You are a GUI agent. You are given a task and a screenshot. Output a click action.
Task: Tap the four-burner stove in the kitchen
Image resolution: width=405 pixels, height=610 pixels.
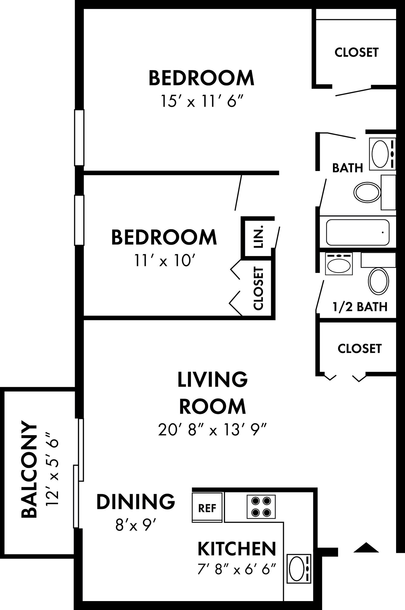coord(261,507)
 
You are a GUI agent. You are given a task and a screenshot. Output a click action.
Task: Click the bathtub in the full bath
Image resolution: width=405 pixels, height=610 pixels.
coord(357,232)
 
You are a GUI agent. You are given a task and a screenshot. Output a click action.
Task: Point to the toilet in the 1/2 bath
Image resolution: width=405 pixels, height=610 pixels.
coord(378,281)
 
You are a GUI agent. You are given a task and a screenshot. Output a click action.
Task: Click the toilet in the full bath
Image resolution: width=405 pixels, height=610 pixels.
coord(367,192)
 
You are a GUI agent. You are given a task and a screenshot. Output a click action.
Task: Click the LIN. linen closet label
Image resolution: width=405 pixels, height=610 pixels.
coord(258,236)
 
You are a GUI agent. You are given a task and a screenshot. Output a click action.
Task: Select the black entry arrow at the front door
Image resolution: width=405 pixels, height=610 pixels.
coord(366,547)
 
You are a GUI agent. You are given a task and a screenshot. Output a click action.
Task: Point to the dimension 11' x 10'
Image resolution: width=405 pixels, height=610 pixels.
coord(164,261)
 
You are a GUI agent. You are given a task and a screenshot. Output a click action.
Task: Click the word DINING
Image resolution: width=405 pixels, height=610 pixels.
coord(136,501)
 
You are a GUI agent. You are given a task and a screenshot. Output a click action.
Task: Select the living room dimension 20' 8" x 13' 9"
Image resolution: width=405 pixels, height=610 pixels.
coord(212,430)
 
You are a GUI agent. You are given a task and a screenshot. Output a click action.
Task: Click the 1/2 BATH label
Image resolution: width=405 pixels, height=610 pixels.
coord(360,306)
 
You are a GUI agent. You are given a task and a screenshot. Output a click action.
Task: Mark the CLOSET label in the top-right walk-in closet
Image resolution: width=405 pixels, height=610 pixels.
coord(356,52)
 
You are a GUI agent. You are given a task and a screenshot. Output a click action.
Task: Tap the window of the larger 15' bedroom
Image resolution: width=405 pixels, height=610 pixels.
coord(79,137)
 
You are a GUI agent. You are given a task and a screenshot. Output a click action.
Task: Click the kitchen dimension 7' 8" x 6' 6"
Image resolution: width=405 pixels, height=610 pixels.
coord(237,570)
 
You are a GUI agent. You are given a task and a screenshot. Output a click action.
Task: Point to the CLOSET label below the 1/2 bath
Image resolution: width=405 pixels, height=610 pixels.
coord(359,348)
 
